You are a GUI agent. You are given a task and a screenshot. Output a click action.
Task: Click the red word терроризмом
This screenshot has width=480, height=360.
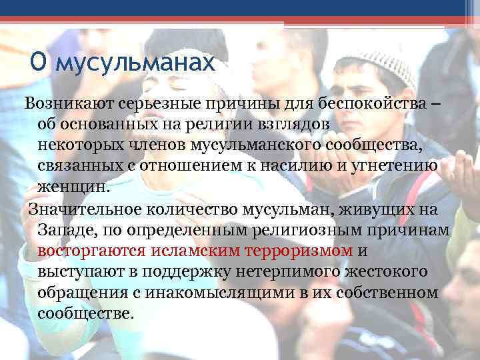(301, 251)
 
